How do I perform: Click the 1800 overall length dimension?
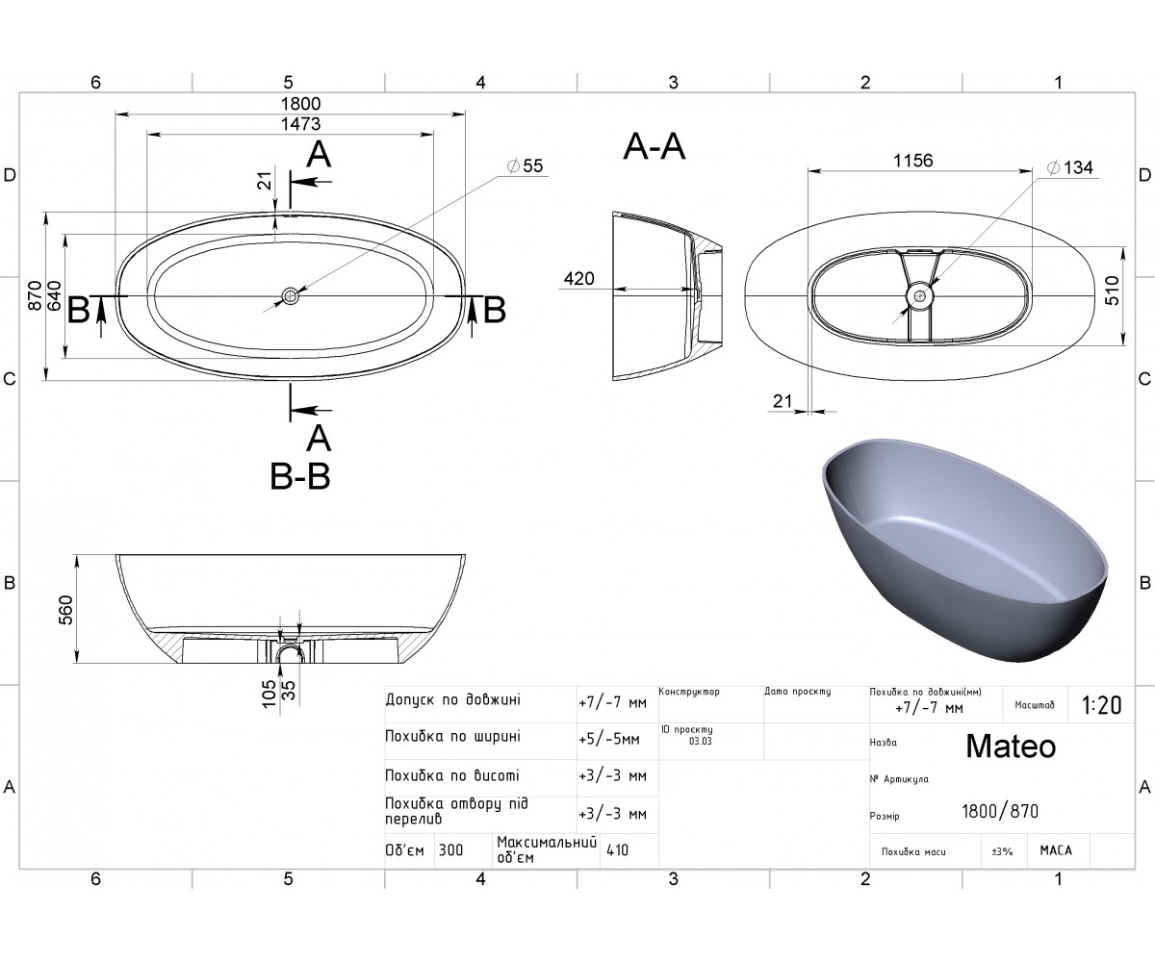(300, 104)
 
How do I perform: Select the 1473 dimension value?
(300, 124)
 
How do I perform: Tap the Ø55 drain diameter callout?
(525, 165)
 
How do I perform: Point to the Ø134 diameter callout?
(1070, 167)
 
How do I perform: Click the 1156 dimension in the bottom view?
(913, 161)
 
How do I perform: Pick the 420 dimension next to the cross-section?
(579, 279)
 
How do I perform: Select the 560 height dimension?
(65, 610)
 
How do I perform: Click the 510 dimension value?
(1112, 291)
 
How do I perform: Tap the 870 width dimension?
(35, 295)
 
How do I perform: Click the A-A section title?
(654, 147)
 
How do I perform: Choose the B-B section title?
(300, 476)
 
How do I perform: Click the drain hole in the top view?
(290, 296)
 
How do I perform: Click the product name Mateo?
(1011, 747)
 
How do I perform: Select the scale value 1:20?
(1101, 705)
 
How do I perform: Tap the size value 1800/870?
(1000, 812)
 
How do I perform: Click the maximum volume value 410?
(617, 850)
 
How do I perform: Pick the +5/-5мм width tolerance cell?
(609, 740)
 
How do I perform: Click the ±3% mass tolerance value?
(1002, 851)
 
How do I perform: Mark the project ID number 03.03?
(701, 742)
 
